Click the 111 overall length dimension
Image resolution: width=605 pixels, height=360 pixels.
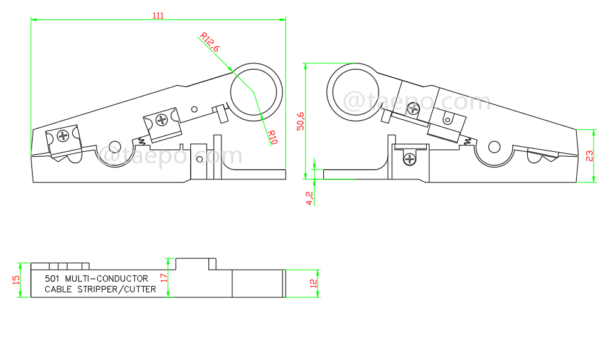point(158,16)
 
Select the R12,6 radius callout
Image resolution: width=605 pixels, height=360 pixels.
point(210,42)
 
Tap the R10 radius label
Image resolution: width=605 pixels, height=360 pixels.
point(272,137)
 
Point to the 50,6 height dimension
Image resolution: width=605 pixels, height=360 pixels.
point(301,121)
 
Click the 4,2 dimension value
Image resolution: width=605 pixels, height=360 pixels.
point(309,198)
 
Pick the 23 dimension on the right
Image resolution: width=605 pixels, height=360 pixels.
point(589,156)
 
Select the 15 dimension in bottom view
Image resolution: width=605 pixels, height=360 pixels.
point(16,280)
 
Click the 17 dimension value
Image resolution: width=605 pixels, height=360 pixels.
point(164,277)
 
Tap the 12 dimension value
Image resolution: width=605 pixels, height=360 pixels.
point(313,283)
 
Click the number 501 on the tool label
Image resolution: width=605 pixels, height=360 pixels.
point(53,278)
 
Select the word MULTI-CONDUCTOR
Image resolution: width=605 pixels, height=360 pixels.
point(107,278)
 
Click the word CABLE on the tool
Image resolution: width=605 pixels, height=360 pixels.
point(60,290)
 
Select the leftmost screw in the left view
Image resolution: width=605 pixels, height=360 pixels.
point(63,135)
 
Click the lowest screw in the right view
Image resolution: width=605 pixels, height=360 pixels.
point(410,159)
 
